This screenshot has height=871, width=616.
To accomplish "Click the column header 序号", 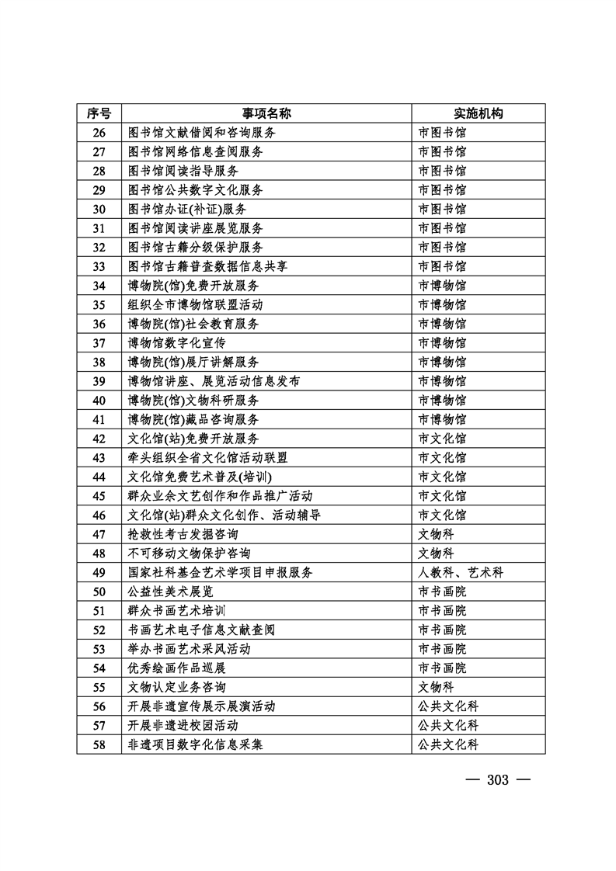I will (x=99, y=113).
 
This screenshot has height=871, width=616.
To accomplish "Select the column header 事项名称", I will (x=266, y=113).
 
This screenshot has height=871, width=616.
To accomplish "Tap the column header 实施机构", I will (x=479, y=113).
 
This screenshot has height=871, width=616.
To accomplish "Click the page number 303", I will (x=497, y=779).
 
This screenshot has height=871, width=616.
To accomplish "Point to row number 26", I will (x=99, y=133).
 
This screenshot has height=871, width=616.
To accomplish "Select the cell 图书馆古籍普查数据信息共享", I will (x=207, y=266).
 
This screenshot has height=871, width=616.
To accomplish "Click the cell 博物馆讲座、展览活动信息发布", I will (x=214, y=380).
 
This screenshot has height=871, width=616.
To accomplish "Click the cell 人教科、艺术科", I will (x=461, y=572).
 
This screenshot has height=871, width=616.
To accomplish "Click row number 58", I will (x=99, y=744).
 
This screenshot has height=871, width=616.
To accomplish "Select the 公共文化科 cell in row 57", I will (x=448, y=725).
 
